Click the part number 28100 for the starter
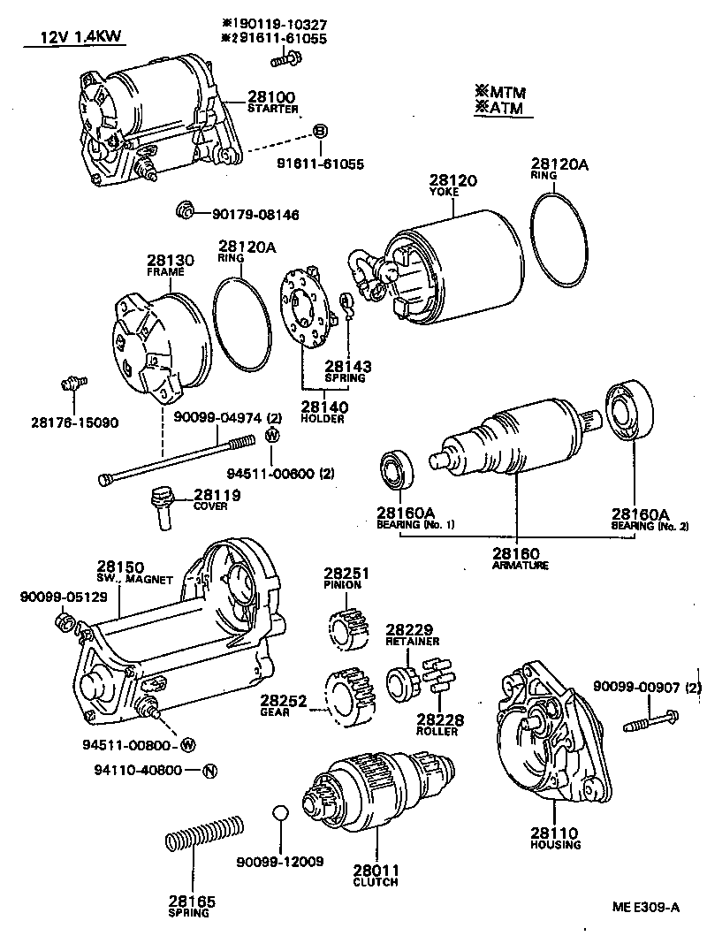click(x=271, y=96)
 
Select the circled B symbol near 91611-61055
click(x=321, y=131)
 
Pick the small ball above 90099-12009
click(x=280, y=813)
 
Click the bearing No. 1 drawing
click(x=398, y=470)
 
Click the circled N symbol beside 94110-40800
click(x=209, y=770)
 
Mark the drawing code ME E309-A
click(x=647, y=906)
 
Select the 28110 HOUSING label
click(x=555, y=837)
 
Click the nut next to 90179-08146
click(x=185, y=211)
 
